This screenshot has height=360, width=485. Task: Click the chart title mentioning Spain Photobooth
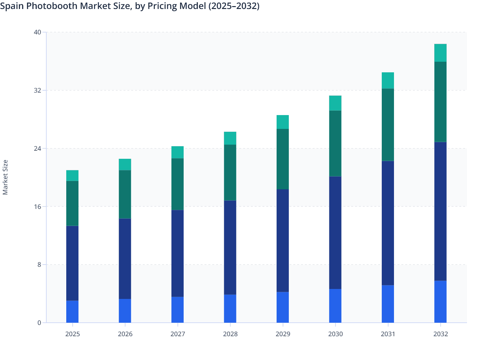(x=130, y=6)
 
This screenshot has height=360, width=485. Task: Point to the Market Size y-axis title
(x=5, y=177)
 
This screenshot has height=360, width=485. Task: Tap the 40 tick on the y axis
(x=37, y=32)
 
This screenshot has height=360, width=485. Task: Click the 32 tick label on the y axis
(x=37, y=90)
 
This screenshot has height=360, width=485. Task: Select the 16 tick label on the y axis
(x=37, y=206)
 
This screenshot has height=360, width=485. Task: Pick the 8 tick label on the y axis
(x=39, y=265)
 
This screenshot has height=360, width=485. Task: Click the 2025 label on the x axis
(x=72, y=334)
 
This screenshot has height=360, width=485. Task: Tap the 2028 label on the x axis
(x=230, y=334)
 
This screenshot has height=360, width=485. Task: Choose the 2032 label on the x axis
(x=440, y=334)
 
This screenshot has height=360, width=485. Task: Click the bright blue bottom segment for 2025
(x=72, y=311)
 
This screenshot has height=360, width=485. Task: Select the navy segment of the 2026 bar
(x=125, y=259)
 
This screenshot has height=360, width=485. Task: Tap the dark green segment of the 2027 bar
(x=178, y=184)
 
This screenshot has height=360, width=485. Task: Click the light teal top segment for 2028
(x=230, y=138)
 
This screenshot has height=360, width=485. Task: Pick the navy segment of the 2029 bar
(x=283, y=240)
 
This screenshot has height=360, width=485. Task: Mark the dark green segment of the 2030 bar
(x=335, y=143)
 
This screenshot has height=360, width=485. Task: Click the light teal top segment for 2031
(x=388, y=81)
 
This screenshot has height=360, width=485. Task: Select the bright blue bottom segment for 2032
(x=440, y=301)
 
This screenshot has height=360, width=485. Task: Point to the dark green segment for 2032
(x=440, y=102)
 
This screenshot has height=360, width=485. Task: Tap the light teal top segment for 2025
(x=72, y=175)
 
